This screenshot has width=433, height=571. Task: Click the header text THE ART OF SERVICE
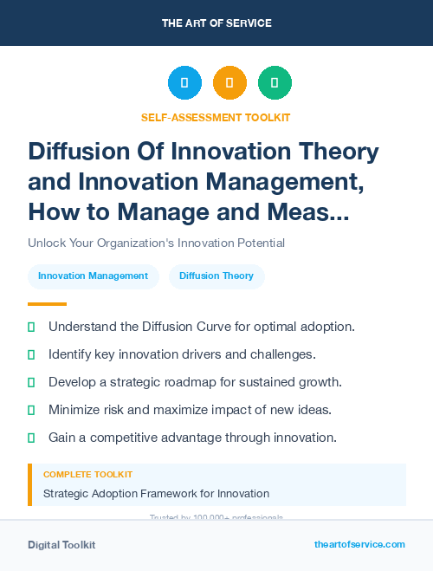[x=216, y=23]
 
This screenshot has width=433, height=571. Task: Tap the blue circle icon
[x=184, y=83]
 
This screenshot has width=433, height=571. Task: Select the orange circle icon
[x=229, y=83]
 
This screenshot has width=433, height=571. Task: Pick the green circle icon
[x=275, y=83]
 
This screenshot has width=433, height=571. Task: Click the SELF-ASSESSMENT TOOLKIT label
[x=216, y=117]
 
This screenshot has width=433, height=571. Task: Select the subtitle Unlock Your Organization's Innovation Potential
[x=156, y=243]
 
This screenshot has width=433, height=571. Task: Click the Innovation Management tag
[x=93, y=276]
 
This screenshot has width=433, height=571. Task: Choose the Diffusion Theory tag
[x=216, y=276]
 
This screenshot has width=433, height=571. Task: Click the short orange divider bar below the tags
[x=47, y=304]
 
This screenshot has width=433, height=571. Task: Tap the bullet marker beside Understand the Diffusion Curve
[x=31, y=328]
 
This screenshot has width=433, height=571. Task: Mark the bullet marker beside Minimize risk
[x=31, y=410]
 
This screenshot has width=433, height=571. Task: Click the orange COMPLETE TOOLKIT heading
[x=87, y=475]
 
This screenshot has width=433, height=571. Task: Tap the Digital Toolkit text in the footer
[x=61, y=545]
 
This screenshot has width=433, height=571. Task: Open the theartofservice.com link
[x=359, y=544]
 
